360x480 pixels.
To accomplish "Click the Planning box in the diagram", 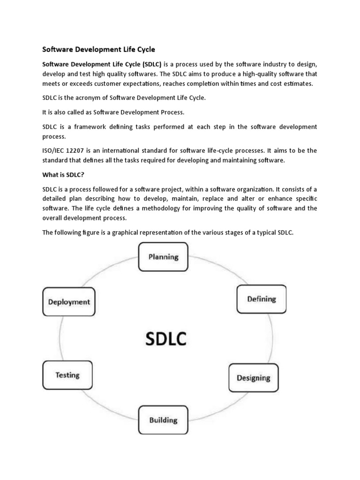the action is (x=164, y=257).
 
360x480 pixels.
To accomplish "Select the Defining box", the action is (x=262, y=299).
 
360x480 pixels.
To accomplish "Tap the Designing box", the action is (x=253, y=377).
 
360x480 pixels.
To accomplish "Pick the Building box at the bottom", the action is (x=163, y=420).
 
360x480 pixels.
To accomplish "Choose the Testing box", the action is (x=67, y=375).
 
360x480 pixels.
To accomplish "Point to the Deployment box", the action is (x=69, y=302).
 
